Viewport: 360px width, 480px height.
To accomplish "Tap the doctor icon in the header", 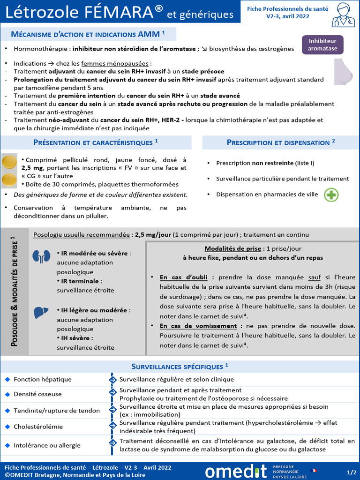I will click(x=343, y=15).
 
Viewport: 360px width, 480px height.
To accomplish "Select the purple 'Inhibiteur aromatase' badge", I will click(x=322, y=45).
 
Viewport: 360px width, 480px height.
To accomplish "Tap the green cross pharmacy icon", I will click(x=331, y=195).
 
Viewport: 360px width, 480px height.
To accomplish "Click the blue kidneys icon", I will click(x=41, y=256).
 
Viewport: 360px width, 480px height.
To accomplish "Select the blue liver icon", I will click(x=41, y=313).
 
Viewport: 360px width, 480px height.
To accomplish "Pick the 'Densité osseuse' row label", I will click(x=37, y=394).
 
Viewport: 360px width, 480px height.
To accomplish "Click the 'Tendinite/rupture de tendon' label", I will click(x=57, y=411).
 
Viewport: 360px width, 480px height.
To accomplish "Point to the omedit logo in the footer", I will click(x=235, y=471).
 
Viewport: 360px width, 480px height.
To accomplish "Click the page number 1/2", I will click(x=352, y=472).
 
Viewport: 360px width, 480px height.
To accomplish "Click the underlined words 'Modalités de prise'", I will click(x=232, y=248).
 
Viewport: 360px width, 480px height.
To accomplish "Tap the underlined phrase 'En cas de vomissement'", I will click(x=198, y=326).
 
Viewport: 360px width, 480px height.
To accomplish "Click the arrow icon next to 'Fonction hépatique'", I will click(x=112, y=379).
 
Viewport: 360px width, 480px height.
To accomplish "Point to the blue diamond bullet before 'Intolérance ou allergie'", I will click(x=7, y=445).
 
